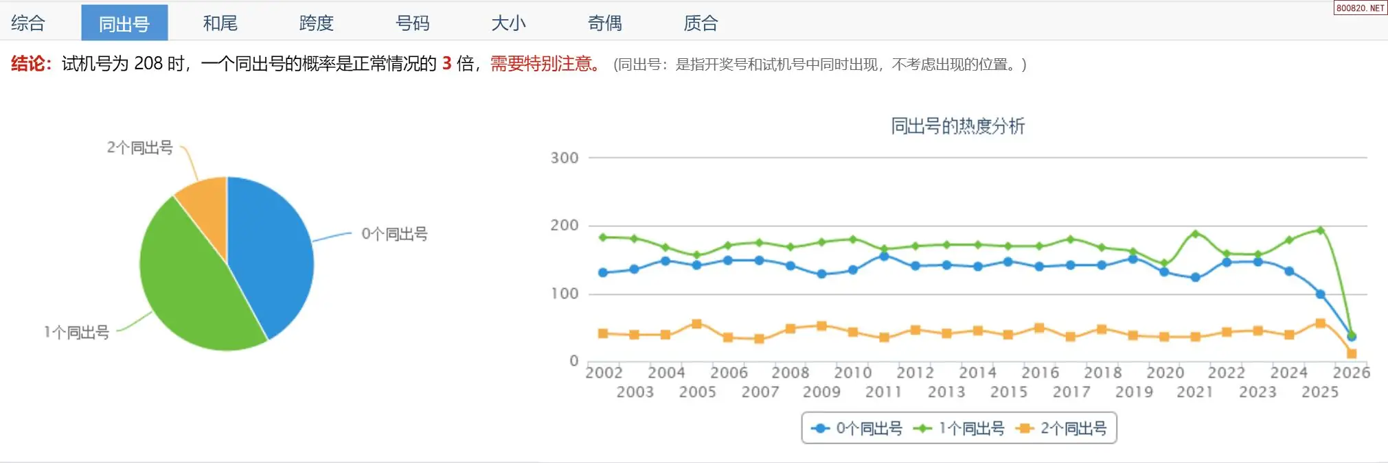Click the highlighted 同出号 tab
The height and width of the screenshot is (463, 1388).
[124, 23]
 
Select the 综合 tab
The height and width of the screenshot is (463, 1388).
[28, 23]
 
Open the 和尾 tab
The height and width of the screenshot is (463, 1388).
[220, 23]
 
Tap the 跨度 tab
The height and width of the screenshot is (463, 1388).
[317, 23]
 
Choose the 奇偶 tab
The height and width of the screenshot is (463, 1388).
[605, 23]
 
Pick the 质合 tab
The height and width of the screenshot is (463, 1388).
[701, 23]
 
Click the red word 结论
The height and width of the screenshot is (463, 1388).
[28, 64]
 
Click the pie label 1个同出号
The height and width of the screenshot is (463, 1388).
[77, 333]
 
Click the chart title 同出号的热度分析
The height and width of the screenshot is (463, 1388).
[957, 126]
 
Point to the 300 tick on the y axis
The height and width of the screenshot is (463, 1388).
[565, 158]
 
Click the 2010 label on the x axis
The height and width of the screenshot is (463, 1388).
[853, 372]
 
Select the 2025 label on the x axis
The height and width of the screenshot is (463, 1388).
[1320, 392]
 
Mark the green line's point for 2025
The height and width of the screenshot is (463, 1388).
[1320, 230]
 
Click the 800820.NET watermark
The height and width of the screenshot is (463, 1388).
[1360, 8]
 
